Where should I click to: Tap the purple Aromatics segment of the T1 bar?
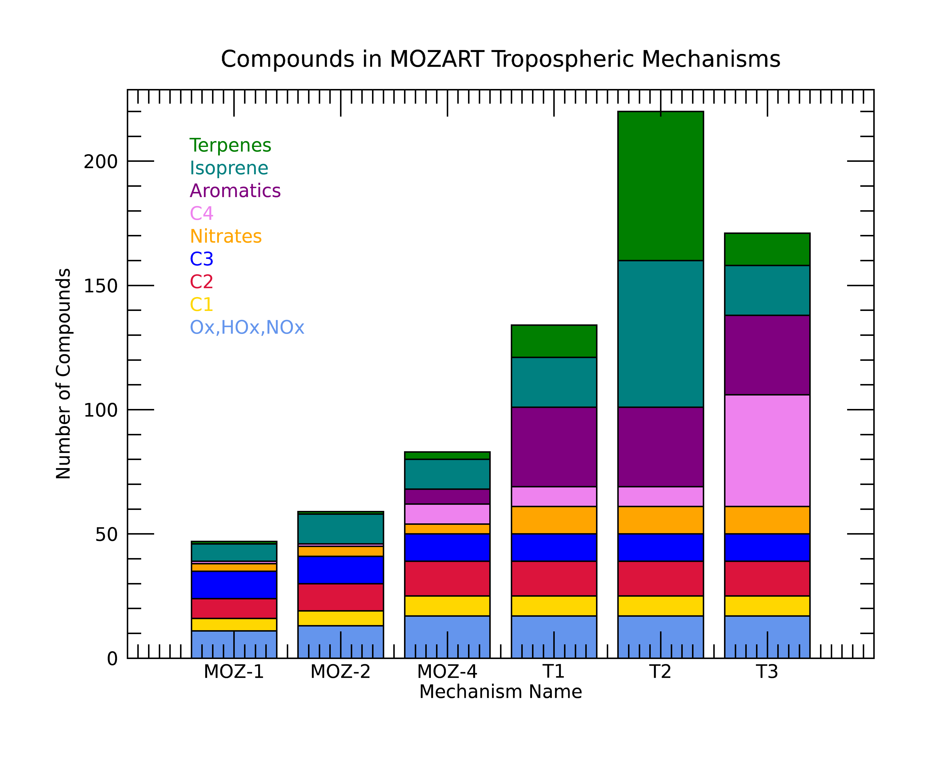click(554, 447)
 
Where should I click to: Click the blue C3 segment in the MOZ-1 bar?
click(234, 585)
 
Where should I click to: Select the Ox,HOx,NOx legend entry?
click(247, 327)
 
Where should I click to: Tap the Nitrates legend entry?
click(225, 236)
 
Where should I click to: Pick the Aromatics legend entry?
click(235, 191)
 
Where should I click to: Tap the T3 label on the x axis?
click(767, 672)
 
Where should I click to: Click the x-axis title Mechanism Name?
click(501, 692)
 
